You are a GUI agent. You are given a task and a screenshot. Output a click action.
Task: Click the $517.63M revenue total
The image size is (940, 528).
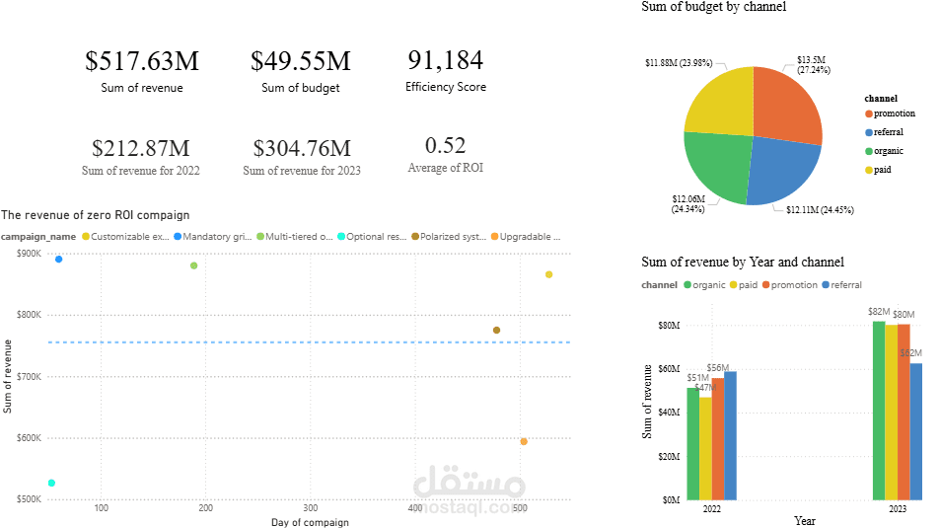pyautogui.click(x=142, y=61)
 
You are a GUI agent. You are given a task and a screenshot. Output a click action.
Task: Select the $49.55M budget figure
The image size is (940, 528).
pyautogui.click(x=300, y=61)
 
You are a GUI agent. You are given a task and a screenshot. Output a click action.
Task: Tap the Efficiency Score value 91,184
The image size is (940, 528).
pyautogui.click(x=445, y=60)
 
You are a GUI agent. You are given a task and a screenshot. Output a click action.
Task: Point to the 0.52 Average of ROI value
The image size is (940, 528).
pyautogui.click(x=445, y=146)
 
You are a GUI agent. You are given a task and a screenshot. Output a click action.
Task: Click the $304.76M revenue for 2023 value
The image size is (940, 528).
pyautogui.click(x=301, y=149)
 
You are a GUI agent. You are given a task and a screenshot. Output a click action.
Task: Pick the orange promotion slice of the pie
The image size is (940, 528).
pyautogui.click(x=785, y=107)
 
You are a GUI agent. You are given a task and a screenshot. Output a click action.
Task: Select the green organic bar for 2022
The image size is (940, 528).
pyautogui.click(x=692, y=444)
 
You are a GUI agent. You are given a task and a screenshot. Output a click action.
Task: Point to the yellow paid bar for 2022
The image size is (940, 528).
pyautogui.click(x=705, y=448)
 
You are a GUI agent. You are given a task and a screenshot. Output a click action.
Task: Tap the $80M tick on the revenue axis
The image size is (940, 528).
pyautogui.click(x=668, y=325)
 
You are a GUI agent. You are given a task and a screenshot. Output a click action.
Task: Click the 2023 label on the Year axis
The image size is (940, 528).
pyautogui.click(x=898, y=509)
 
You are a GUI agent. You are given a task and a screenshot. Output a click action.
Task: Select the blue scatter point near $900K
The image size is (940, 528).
pyautogui.click(x=58, y=260)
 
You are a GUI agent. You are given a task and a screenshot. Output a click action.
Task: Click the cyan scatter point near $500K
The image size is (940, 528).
pyautogui.click(x=51, y=483)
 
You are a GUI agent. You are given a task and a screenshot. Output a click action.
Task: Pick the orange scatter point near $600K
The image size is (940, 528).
pyautogui.click(x=524, y=441)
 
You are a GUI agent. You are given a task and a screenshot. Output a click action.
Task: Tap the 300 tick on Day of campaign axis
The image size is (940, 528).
pyautogui.click(x=310, y=508)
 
